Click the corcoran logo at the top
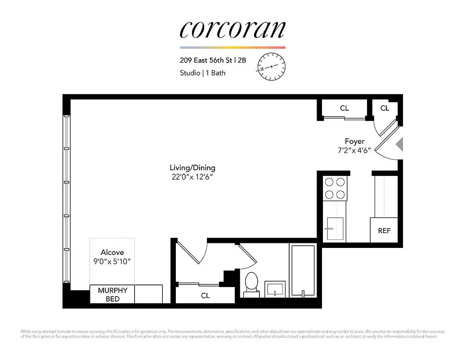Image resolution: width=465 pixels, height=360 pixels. [232, 29]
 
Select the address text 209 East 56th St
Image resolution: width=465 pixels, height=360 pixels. [206, 59]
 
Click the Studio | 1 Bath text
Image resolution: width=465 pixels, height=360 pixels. [202, 72]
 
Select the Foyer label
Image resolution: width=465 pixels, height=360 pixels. [354, 141]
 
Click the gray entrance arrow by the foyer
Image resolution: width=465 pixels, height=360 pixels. [399, 144]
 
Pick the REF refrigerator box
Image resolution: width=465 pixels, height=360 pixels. [384, 230]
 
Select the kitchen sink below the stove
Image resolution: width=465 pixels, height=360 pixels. [335, 229]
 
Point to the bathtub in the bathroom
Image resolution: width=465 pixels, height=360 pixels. [304, 271]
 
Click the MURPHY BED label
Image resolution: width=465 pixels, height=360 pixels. [112, 294]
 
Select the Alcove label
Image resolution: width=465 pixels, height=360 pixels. [112, 252]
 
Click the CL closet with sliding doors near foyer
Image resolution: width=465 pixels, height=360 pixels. [344, 108]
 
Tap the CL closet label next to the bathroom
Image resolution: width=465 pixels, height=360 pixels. [205, 296]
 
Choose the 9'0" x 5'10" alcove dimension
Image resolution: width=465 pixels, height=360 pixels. [112, 261]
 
